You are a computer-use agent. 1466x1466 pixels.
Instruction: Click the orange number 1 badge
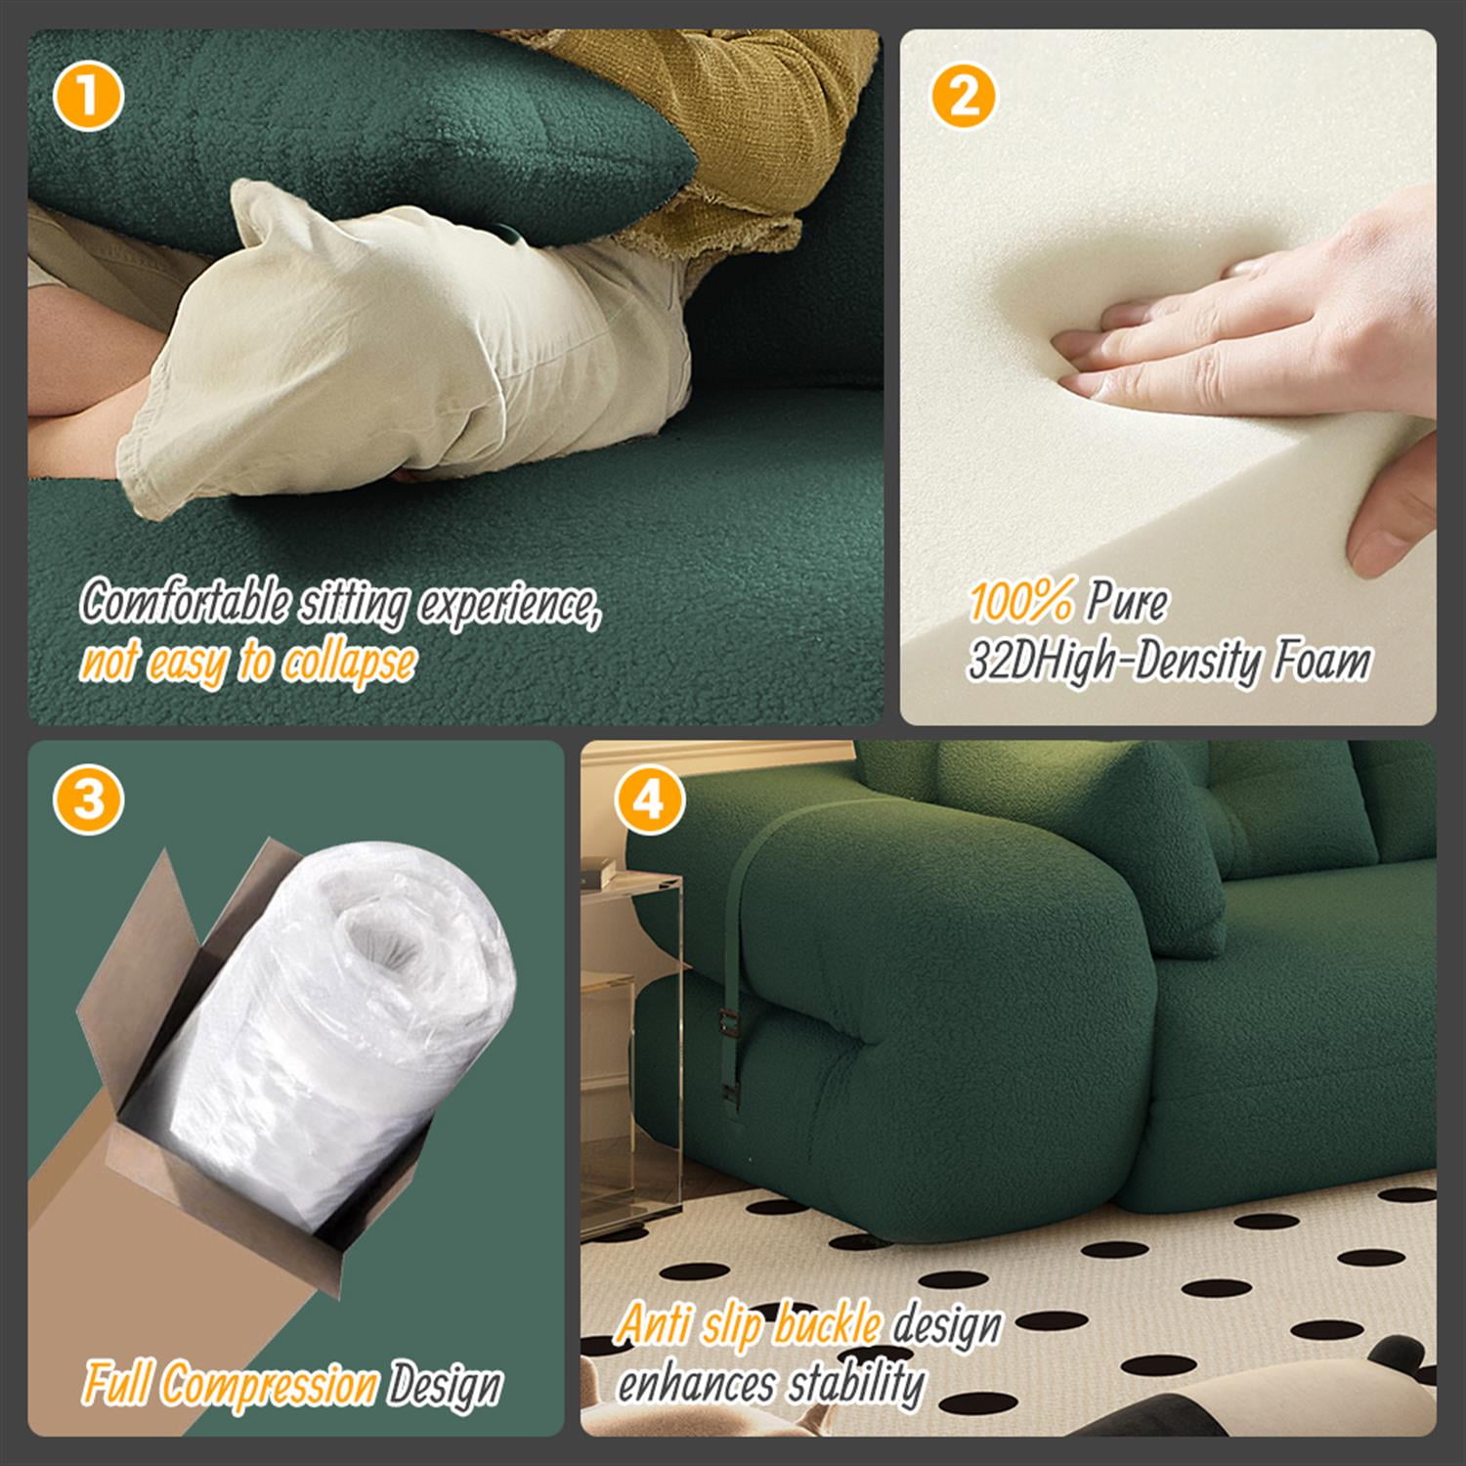(x=89, y=98)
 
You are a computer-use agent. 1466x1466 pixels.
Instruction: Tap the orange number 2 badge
(x=963, y=98)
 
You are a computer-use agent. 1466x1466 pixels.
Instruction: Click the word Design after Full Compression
(x=445, y=1386)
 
